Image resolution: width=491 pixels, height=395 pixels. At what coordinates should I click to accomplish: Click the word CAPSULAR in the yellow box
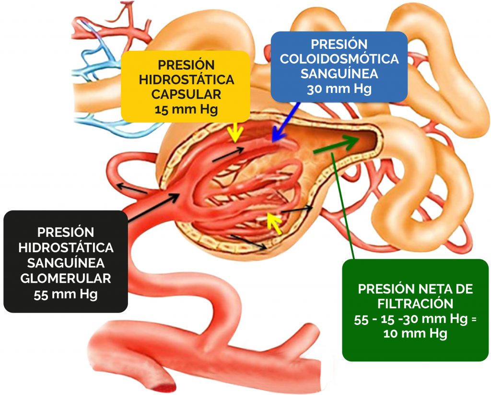pyautogui.click(x=186, y=94)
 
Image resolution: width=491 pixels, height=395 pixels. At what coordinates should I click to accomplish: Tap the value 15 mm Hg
pyautogui.click(x=186, y=110)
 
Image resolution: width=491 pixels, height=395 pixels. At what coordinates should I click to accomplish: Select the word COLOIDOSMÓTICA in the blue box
pyautogui.click(x=339, y=59)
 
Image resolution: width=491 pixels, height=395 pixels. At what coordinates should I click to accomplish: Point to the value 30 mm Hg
pyautogui.click(x=339, y=89)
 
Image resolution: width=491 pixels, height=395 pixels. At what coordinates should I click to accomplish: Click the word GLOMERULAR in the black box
pyautogui.click(x=65, y=278)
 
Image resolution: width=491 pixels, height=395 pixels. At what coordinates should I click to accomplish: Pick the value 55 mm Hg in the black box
pyautogui.click(x=65, y=294)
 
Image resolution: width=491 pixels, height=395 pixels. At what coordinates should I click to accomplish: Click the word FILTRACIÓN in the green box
pyautogui.click(x=415, y=303)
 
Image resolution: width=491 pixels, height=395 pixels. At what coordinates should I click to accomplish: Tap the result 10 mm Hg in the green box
pyautogui.click(x=415, y=333)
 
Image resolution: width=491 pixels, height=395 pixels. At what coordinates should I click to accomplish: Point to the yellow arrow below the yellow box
pyautogui.click(x=235, y=132)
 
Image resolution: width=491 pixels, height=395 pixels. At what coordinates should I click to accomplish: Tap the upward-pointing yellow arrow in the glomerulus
pyautogui.click(x=274, y=223)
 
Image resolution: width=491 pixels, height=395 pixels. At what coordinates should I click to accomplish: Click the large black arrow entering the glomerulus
pyautogui.click(x=153, y=208)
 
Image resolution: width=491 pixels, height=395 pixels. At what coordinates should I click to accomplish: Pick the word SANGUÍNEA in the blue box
pyautogui.click(x=339, y=74)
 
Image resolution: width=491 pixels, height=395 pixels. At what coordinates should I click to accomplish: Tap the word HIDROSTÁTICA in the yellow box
pyautogui.click(x=186, y=80)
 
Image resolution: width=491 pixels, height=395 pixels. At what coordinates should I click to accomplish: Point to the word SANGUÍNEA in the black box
pyautogui.click(x=65, y=263)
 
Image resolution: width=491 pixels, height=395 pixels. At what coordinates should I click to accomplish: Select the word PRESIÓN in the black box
pyautogui.click(x=65, y=232)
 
